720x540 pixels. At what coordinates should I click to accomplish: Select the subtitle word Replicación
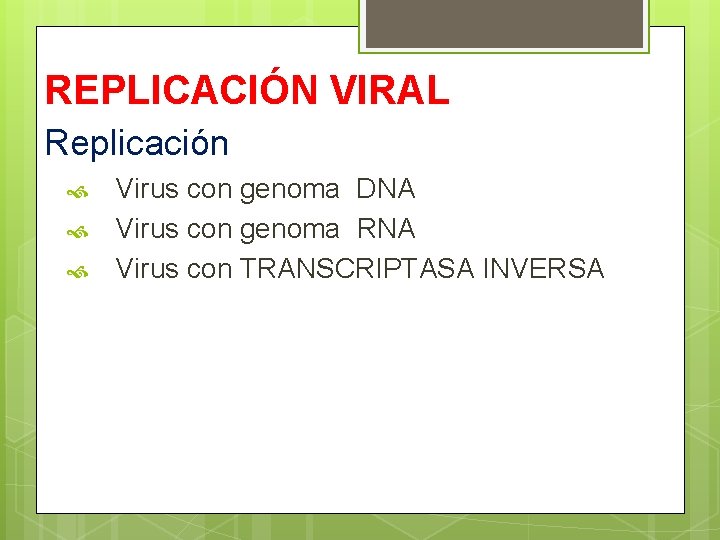[137, 143]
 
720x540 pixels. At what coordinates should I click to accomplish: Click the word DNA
[385, 189]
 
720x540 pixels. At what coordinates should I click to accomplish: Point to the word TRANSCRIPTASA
[357, 269]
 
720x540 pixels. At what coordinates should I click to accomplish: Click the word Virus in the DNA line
[147, 189]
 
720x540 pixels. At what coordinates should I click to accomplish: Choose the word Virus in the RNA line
[147, 229]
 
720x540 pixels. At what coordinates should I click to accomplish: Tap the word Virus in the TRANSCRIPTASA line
[147, 269]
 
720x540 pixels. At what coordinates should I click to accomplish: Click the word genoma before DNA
[289, 189]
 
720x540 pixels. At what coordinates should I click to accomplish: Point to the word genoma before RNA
[289, 229]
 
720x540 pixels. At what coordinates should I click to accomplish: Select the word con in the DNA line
[209, 189]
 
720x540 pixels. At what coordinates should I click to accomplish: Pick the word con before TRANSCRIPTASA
[209, 269]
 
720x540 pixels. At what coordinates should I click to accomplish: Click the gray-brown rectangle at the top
[504, 23]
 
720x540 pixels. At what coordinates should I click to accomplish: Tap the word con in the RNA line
[209, 229]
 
